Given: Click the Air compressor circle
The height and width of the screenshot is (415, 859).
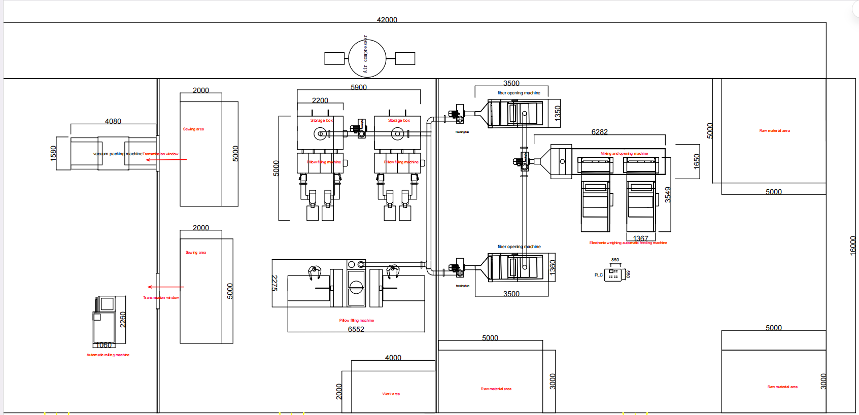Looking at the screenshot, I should click(x=367, y=58).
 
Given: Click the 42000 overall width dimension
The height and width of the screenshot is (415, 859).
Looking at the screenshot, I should click(x=387, y=20).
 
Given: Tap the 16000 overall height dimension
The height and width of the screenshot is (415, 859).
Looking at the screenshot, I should click(x=852, y=246).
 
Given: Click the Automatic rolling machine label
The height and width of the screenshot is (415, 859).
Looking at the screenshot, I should click(x=108, y=355).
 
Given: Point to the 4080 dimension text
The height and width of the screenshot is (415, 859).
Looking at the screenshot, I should click(x=113, y=121).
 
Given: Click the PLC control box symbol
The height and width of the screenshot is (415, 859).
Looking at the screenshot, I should click(x=613, y=275).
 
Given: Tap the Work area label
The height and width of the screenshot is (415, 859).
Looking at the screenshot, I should click(x=391, y=394).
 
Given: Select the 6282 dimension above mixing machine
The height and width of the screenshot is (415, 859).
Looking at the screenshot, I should click(x=599, y=132).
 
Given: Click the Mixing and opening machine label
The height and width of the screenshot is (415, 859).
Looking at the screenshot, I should click(x=624, y=154).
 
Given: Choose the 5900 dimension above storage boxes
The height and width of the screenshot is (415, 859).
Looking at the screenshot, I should click(x=358, y=87).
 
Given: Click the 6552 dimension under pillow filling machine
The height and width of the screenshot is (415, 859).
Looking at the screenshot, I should click(x=356, y=329).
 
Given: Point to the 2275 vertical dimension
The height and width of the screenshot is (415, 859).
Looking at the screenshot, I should click(x=274, y=283).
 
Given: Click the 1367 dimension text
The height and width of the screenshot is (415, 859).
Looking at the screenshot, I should click(x=640, y=238).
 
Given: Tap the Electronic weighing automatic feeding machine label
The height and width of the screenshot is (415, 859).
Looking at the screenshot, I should click(x=628, y=243).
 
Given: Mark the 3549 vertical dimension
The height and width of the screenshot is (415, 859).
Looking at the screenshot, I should click(x=668, y=195).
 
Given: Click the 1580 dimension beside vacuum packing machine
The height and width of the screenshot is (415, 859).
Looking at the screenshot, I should click(x=53, y=153).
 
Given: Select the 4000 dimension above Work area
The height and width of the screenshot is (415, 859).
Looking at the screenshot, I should click(x=393, y=358).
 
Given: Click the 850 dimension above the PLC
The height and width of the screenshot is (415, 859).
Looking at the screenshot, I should click(x=615, y=260).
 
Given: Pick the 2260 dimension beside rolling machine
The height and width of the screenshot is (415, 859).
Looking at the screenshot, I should click(x=122, y=320).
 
